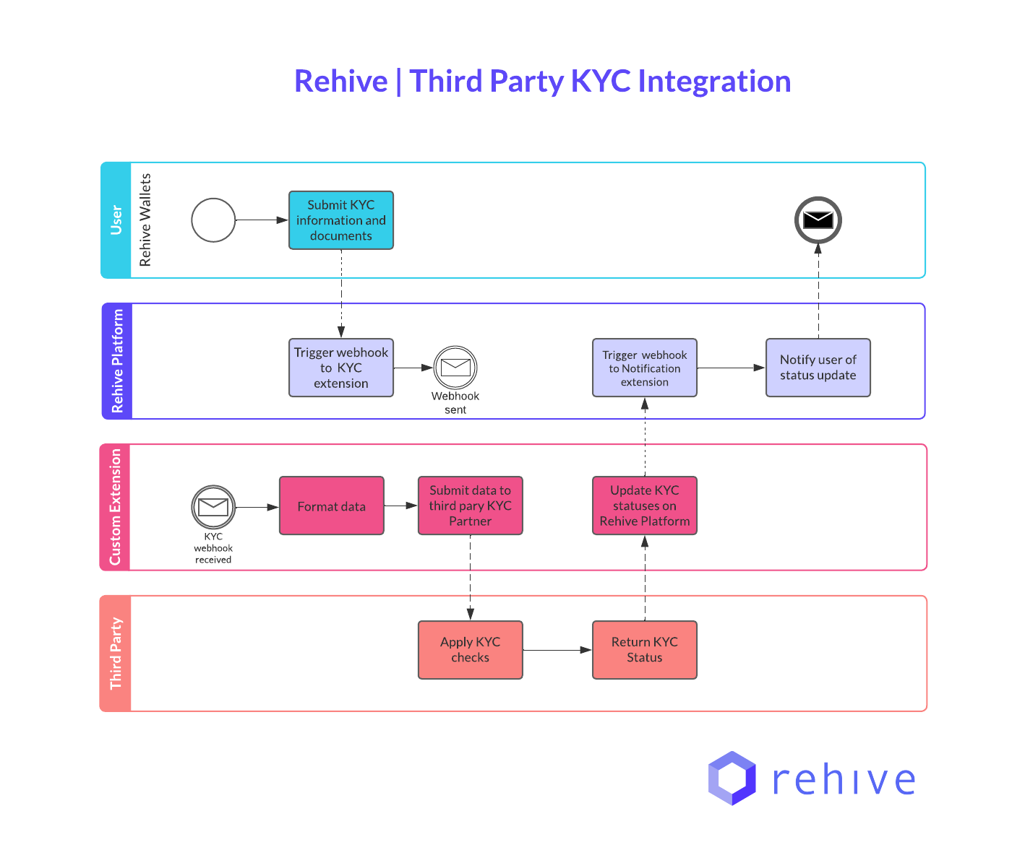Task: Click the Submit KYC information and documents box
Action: coord(340,220)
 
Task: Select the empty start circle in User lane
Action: coord(213,220)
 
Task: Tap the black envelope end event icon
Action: coord(818,220)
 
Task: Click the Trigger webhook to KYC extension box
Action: coord(340,368)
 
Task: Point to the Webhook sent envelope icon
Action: coord(455,368)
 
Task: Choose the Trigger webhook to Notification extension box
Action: coord(644,368)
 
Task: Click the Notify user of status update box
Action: coord(818,368)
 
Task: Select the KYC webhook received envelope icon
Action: coord(213,507)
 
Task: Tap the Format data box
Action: coord(331,506)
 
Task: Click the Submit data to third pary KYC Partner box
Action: coord(470,506)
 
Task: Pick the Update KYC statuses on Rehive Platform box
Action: coord(644,506)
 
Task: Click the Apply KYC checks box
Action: coord(470,650)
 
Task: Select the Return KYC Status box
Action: coord(644,650)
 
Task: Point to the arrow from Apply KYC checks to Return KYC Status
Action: coord(557,650)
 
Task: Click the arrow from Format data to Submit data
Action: coord(401,506)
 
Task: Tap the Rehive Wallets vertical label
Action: coord(145,220)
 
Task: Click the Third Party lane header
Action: coord(116,654)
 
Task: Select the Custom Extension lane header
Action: coord(115,507)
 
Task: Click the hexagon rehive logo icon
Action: coord(732,779)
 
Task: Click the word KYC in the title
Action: coord(601,81)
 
